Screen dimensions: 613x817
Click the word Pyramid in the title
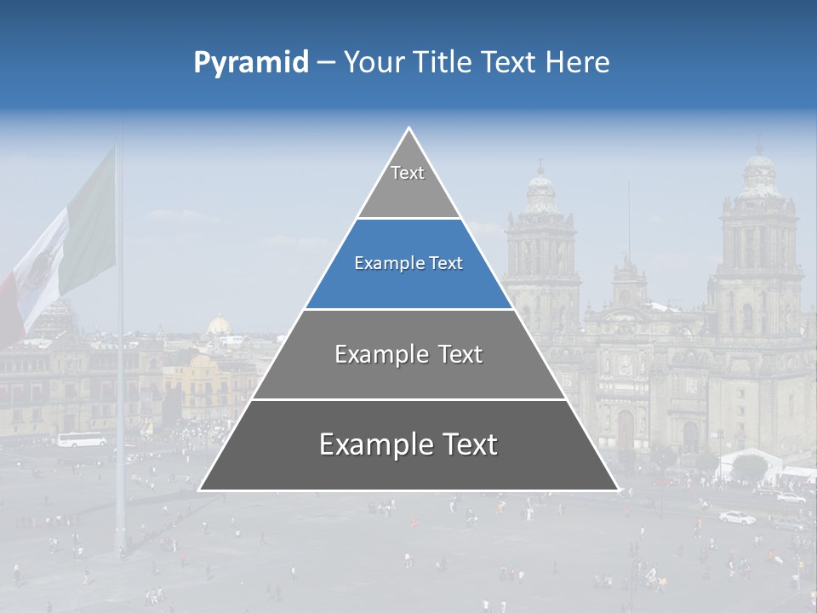251,63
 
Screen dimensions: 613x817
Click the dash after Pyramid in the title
326,63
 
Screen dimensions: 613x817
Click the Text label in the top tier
408,174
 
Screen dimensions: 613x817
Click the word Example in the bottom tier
371,444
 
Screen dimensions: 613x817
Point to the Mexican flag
64,247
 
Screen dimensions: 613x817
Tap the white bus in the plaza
82,439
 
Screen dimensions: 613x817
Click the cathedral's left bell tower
542,247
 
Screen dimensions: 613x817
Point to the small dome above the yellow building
220,325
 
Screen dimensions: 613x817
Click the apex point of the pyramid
408,129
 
